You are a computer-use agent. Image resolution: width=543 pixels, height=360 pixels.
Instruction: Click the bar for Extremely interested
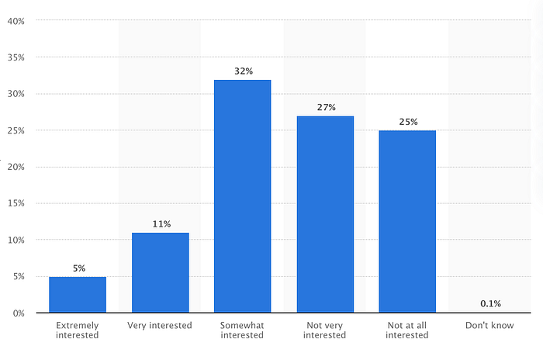pos(78,295)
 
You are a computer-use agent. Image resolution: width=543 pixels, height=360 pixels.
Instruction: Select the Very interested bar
pos(161,272)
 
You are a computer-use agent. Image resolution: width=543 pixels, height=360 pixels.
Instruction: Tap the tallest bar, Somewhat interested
pos(242,196)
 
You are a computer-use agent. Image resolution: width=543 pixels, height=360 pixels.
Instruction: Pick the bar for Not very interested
pos(325,214)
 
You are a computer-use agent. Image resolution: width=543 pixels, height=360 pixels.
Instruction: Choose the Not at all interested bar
pos(407,221)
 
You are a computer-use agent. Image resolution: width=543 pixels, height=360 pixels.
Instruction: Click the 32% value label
pos(244,71)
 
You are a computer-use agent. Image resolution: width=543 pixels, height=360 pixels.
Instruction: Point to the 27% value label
pos(327,107)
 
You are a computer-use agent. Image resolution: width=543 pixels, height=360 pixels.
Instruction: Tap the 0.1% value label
pos(490,303)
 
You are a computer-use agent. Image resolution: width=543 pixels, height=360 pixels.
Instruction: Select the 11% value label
pos(161,223)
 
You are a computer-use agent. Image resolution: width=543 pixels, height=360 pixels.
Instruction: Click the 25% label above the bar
pos(408,122)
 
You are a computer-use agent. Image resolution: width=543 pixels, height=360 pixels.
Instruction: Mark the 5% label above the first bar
pos(79,268)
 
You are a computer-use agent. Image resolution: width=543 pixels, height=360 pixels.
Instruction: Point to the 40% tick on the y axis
pos(16,21)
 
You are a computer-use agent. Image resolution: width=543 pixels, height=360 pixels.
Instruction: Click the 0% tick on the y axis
pos(19,313)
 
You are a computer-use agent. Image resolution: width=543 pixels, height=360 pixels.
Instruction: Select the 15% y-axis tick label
pos(16,203)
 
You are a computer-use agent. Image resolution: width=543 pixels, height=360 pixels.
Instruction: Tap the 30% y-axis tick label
pos(16,94)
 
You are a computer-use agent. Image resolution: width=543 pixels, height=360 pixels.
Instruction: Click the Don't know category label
pos(489,325)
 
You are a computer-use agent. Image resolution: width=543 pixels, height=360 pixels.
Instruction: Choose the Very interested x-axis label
pos(159,325)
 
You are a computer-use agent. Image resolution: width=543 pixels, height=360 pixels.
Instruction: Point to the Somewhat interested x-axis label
pos(242,331)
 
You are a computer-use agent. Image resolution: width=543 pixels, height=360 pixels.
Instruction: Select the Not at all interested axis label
pos(407,331)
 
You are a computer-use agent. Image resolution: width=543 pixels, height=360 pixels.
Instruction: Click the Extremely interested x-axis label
pos(78,331)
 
